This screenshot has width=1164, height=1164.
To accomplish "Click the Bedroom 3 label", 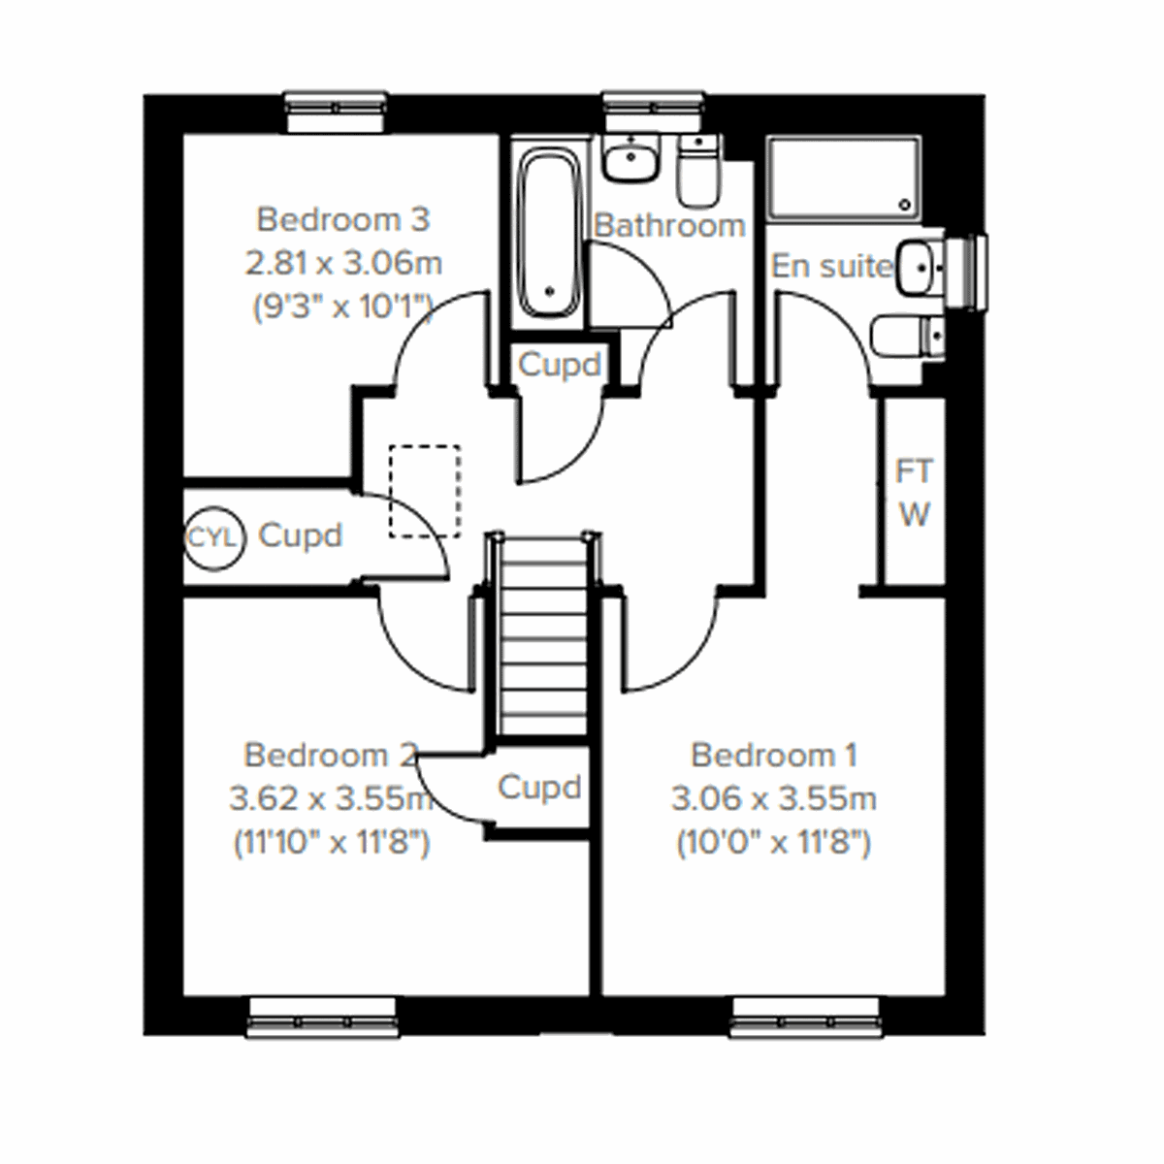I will pyautogui.click(x=342, y=220).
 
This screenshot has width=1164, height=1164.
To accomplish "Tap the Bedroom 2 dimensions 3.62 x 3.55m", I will pyautogui.click(x=331, y=799).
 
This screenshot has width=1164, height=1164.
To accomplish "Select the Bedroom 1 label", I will pyautogui.click(x=774, y=755).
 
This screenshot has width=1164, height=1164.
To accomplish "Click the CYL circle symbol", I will pyautogui.click(x=211, y=537).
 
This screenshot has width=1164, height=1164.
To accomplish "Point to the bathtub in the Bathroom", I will pyautogui.click(x=549, y=233).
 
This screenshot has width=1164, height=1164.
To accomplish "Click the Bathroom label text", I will pyautogui.click(x=669, y=226).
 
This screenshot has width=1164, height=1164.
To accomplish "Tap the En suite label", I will pyautogui.click(x=831, y=266).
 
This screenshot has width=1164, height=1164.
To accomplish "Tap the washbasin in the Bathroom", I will pyautogui.click(x=631, y=158).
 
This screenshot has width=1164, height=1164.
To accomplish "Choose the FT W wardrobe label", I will pyautogui.click(x=914, y=494).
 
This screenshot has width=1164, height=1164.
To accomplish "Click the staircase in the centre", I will pyautogui.click(x=543, y=640).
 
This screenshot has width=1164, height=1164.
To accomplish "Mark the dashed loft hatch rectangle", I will pyautogui.click(x=424, y=490).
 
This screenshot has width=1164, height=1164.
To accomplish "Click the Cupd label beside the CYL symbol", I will pyautogui.click(x=301, y=535).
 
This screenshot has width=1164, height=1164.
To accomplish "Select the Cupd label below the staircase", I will pyautogui.click(x=539, y=787).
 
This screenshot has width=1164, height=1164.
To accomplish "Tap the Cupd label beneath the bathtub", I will pyautogui.click(x=560, y=366).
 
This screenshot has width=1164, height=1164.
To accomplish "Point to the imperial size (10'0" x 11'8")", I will pyautogui.click(x=773, y=843).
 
